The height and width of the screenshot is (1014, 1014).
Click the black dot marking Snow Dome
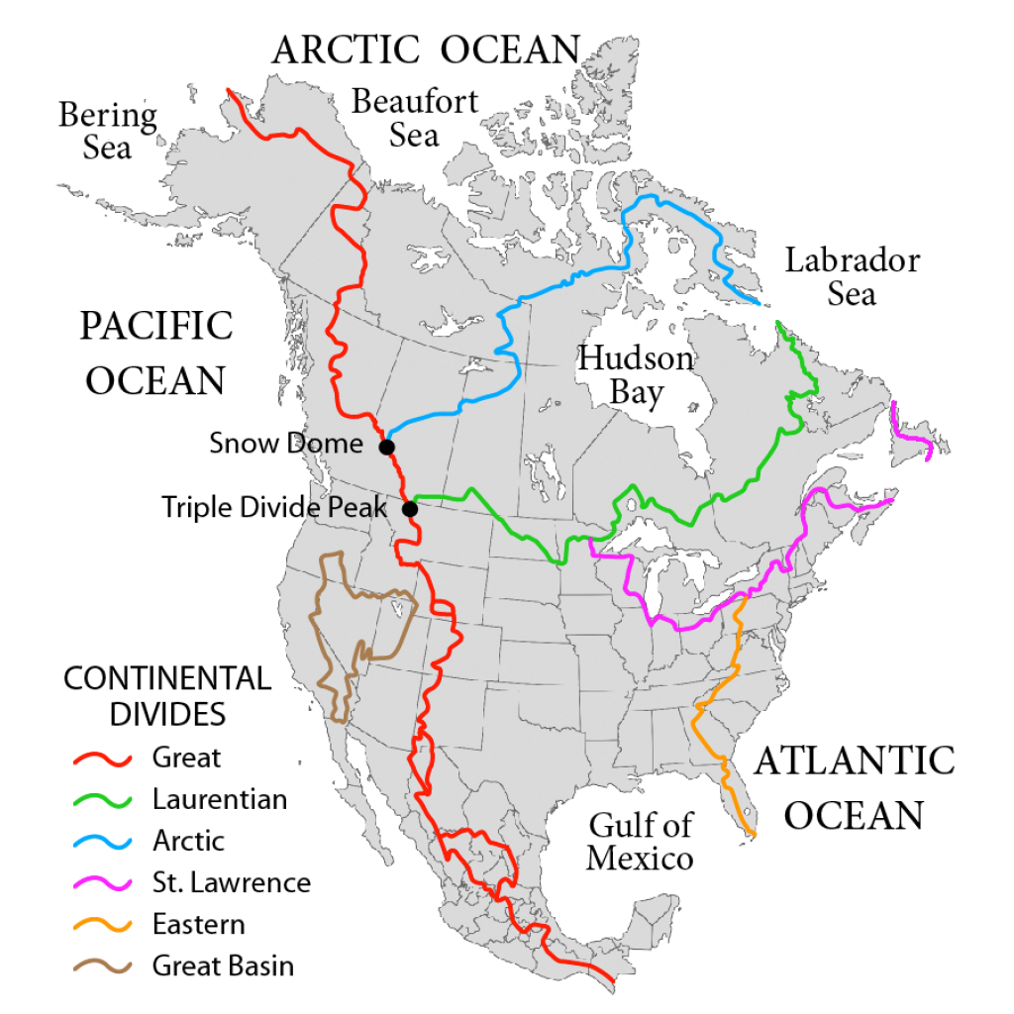387,447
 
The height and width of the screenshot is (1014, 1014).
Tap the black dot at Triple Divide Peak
409,510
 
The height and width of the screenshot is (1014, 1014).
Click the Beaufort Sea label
415,117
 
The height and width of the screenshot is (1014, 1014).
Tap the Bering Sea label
107,131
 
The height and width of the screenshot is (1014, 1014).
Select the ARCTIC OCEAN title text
426,50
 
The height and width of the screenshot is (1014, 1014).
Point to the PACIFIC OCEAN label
156,353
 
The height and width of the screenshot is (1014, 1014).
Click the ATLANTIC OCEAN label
854,787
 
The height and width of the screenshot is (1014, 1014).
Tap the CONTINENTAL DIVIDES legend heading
166,695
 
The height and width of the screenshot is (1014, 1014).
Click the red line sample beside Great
104,759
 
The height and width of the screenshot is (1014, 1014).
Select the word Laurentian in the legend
219,799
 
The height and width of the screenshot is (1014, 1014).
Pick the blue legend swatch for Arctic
104,842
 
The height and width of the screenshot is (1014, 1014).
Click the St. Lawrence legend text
231,882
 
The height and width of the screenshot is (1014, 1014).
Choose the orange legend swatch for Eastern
104,925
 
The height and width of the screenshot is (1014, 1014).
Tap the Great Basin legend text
223,965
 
